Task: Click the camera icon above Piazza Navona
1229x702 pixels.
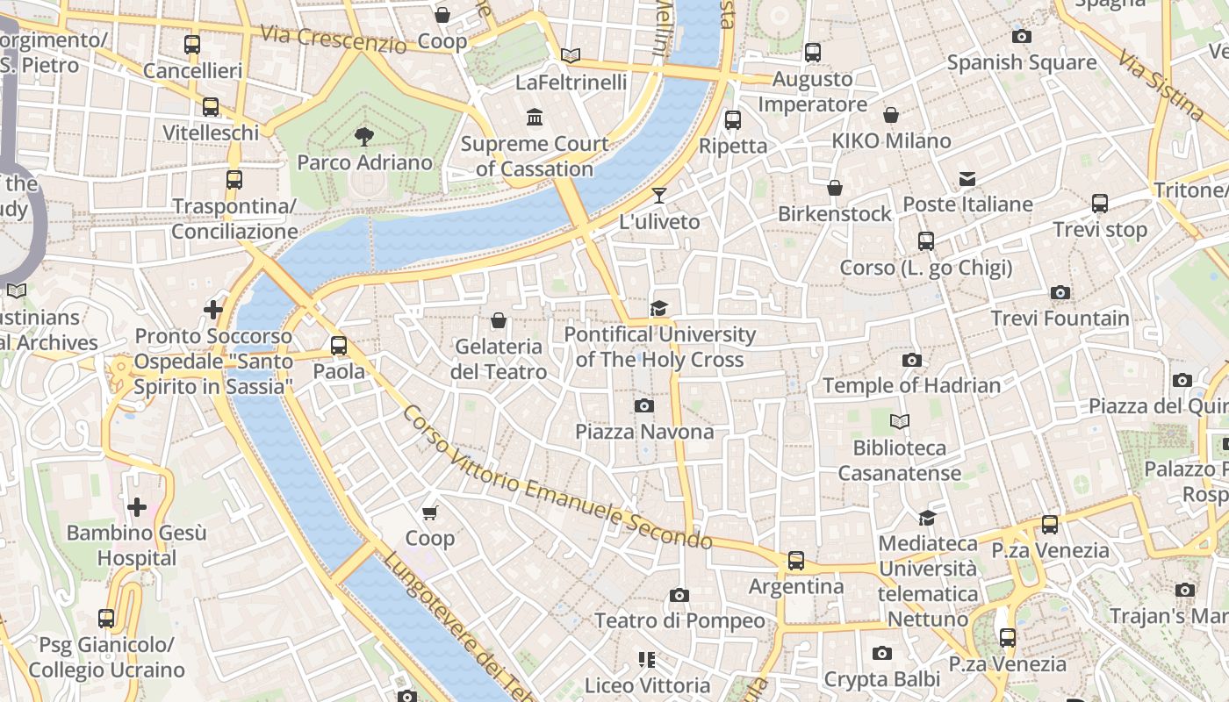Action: (644, 405)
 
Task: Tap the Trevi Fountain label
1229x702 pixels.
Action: (1060, 319)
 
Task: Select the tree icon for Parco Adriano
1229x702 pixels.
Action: (363, 136)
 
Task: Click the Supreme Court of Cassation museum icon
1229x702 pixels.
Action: (535, 117)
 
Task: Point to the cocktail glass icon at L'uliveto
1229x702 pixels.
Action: (659, 195)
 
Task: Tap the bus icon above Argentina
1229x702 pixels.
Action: (796, 560)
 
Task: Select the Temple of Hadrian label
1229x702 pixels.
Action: (911, 385)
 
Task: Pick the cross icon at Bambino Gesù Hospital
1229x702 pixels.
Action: (137, 507)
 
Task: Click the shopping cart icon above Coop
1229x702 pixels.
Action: (430, 512)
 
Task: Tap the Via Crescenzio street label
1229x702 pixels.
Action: (334, 39)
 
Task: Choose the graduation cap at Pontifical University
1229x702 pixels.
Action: (659, 308)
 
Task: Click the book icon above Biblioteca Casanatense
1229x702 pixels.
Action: (900, 422)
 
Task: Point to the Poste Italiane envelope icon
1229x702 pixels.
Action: (967, 179)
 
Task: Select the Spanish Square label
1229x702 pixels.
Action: (1021, 62)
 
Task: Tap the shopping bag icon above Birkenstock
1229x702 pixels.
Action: (835, 188)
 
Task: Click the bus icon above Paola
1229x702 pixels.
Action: (339, 345)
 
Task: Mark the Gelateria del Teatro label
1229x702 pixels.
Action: (499, 359)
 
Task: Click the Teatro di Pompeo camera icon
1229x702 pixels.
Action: (679, 595)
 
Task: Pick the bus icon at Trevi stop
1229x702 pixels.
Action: (1100, 204)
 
